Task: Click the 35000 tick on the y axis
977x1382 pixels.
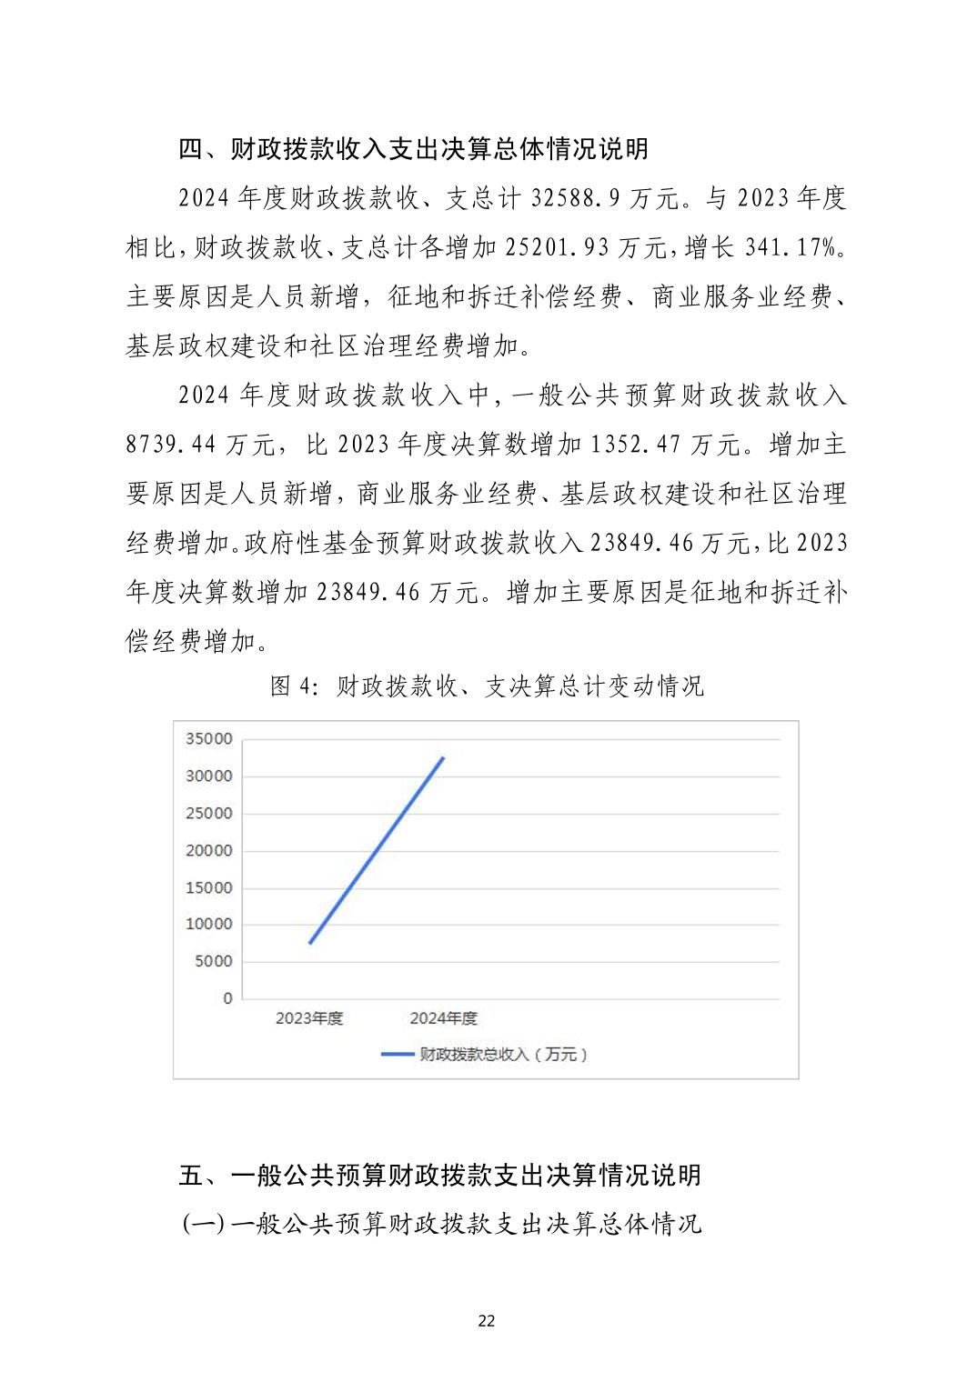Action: pyautogui.click(x=208, y=739)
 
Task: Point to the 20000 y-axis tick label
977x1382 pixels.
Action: pyautogui.click(x=208, y=851)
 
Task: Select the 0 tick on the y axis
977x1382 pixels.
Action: pyautogui.click(x=227, y=998)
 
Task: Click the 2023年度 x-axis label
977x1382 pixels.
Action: pyautogui.click(x=309, y=1018)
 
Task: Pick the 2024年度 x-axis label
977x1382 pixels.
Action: pyautogui.click(x=443, y=1018)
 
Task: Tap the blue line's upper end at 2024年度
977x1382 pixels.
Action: pyautogui.click(x=443, y=757)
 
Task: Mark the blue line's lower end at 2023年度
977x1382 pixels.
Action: pyautogui.click(x=310, y=943)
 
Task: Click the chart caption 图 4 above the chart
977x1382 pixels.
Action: pyautogui.click(x=487, y=686)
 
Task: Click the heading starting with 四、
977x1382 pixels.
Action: pyautogui.click(x=413, y=149)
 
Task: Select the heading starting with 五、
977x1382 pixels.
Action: pyautogui.click(x=439, y=1175)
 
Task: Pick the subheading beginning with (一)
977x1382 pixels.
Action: pyautogui.click(x=442, y=1224)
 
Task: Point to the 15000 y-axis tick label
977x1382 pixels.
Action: pyautogui.click(x=208, y=887)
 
